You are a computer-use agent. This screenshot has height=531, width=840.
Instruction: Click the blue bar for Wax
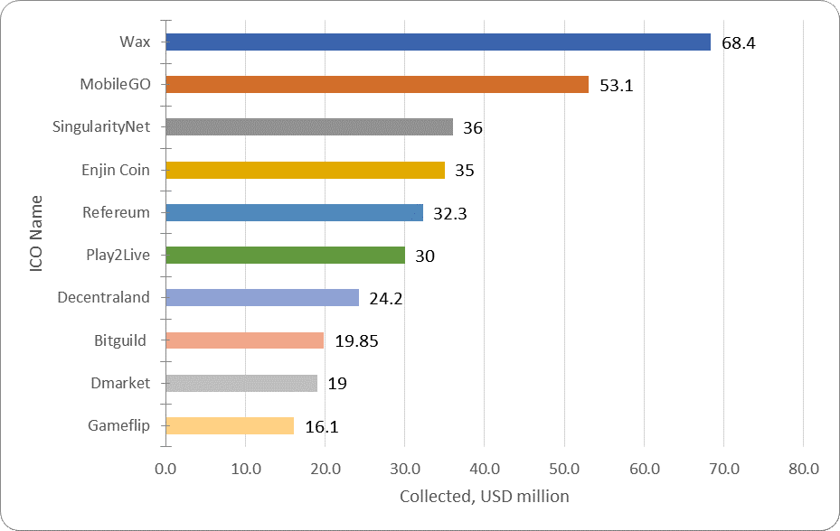[x=438, y=42]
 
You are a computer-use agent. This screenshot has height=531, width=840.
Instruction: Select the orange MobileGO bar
[x=377, y=85]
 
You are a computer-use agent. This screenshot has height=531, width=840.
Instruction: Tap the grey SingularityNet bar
[x=309, y=127]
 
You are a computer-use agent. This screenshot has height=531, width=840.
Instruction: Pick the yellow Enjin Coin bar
[x=305, y=170]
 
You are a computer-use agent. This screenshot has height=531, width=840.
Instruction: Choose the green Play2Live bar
[x=285, y=255]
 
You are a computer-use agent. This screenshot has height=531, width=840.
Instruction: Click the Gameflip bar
[x=230, y=425]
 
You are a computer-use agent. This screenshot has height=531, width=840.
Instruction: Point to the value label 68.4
[x=738, y=43]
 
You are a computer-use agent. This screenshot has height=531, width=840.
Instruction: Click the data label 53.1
[x=616, y=86]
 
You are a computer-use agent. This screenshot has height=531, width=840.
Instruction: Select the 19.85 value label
[x=355, y=341]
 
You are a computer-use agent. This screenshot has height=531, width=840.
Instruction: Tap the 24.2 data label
[x=386, y=299]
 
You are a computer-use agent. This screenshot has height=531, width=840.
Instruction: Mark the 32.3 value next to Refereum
[x=450, y=214]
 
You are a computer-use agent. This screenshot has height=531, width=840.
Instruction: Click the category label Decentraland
[x=103, y=297]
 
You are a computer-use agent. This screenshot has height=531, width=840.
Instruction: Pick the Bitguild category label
[x=120, y=340]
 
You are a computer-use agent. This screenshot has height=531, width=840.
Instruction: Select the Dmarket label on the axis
[x=119, y=383]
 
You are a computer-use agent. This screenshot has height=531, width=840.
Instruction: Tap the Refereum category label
[x=116, y=212]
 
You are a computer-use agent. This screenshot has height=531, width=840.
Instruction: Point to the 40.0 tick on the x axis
[x=484, y=469]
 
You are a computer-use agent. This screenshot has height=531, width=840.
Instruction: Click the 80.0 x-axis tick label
[x=803, y=469]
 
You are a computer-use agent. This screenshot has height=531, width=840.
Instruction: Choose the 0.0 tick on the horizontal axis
[x=165, y=469]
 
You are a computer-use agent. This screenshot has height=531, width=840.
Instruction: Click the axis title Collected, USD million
[x=484, y=496]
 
